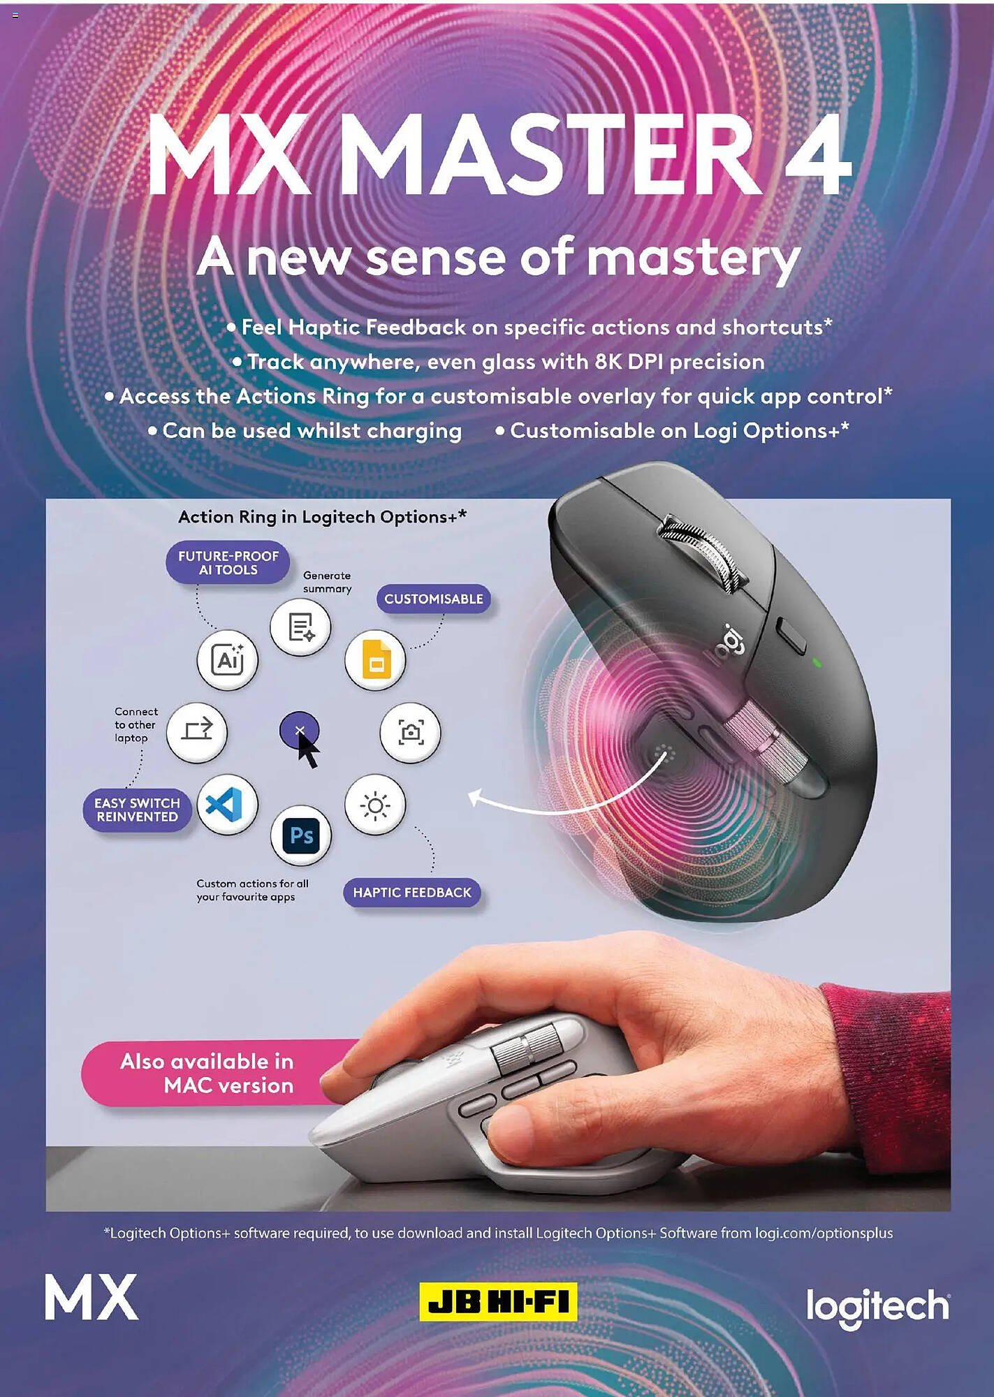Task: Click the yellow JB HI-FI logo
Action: (498, 1301)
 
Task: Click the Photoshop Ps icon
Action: (301, 835)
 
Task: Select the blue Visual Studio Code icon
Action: (227, 804)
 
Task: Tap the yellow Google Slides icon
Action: (375, 659)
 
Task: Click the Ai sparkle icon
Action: (227, 659)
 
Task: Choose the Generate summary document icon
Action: (301, 627)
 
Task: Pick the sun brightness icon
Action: (375, 805)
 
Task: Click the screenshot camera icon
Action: (411, 732)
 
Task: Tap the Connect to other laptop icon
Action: (197, 732)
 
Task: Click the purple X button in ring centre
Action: (299, 731)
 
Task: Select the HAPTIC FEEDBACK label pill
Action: (412, 893)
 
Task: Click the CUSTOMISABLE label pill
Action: (434, 599)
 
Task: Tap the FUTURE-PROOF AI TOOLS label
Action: (228, 562)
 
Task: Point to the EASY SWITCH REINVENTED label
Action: (138, 810)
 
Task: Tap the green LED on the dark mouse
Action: (817, 661)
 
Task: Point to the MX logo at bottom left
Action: (92, 1296)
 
